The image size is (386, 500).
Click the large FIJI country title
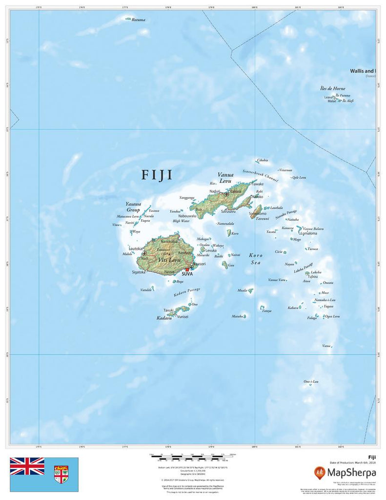[x=157, y=175]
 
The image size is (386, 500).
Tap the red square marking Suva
[x=186, y=269]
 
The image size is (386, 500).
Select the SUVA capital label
[x=187, y=274]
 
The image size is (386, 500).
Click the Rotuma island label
[x=138, y=20]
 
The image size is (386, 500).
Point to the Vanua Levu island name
[x=225, y=178]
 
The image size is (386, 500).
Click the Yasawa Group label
[x=133, y=207]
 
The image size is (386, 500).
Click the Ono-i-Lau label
[x=311, y=381]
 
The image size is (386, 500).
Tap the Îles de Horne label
[x=332, y=88]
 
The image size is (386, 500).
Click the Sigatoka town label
[x=139, y=272]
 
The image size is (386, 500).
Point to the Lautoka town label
[x=136, y=249]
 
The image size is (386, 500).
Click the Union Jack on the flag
[x=27, y=466]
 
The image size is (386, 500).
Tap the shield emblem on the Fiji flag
[x=61, y=474]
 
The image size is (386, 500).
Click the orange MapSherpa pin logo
[x=321, y=472]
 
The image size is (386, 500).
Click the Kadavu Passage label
[x=187, y=292]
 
